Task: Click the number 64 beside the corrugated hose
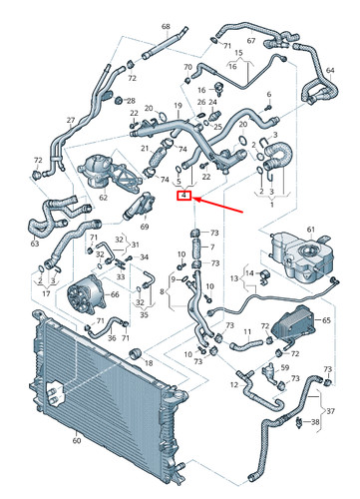pyautogui.click(x=330, y=70)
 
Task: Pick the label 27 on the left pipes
pyautogui.click(x=71, y=121)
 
